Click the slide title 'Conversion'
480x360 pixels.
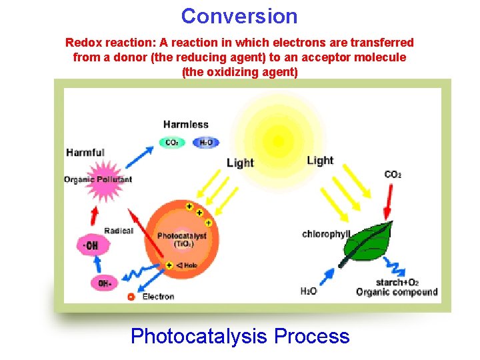[239, 15]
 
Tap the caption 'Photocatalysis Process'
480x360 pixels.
[240, 336]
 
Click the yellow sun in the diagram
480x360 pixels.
[279, 141]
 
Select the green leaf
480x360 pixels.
[369, 244]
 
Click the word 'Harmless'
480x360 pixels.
[186, 125]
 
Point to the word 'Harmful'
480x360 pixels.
[85, 153]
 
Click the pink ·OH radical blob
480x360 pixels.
[91, 246]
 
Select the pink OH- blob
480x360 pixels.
[104, 283]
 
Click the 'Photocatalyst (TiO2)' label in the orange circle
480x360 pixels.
[182, 240]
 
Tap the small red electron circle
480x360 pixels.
[131, 297]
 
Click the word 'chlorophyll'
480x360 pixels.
[326, 234]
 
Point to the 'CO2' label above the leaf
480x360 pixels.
[393, 175]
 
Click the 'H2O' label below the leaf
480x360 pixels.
[309, 291]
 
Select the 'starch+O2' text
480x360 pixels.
[397, 282]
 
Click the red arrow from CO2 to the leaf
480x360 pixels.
[388, 201]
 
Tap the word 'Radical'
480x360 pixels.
[118, 231]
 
